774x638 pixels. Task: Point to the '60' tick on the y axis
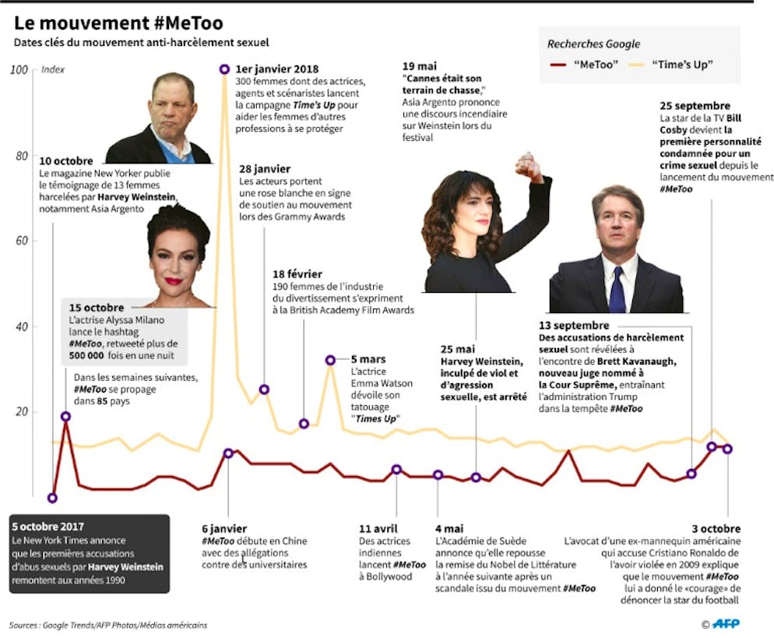click(x=21, y=241)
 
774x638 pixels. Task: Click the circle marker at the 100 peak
click(x=224, y=69)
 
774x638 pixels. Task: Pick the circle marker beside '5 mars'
click(x=330, y=360)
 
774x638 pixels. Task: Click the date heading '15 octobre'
click(x=97, y=308)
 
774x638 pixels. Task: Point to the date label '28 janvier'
click(x=265, y=168)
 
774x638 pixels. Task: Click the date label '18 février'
click(x=297, y=275)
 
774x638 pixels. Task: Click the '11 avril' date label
click(x=378, y=528)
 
